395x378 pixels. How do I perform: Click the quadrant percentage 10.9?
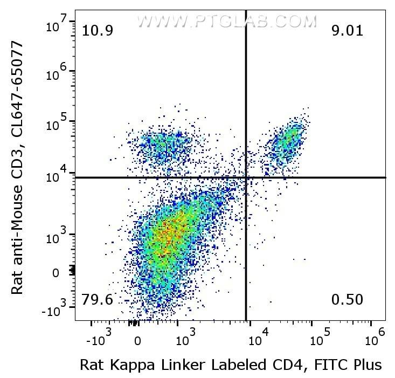[97, 31]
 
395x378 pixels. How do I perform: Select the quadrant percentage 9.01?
[348, 31]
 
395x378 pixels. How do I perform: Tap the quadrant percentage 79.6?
[97, 299]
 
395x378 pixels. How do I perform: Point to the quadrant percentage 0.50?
[348, 299]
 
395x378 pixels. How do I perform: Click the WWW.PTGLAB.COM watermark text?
[226, 21]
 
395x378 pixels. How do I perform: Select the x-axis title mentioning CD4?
[231, 365]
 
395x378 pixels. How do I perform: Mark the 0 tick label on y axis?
[55, 273]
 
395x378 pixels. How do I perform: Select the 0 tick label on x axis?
[138, 341]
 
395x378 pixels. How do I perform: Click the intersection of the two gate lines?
[246, 177]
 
